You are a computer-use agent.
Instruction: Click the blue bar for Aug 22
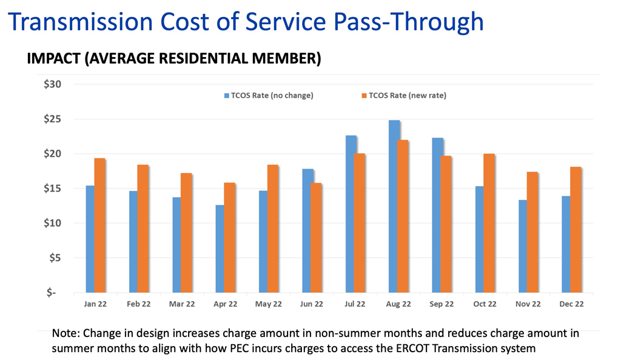(394, 206)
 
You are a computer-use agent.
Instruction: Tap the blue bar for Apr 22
(220, 248)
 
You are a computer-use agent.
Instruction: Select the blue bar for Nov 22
(523, 246)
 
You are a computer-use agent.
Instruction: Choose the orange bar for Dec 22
(576, 230)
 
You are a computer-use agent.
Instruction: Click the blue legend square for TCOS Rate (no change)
(227, 95)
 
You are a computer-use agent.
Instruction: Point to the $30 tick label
(53, 84)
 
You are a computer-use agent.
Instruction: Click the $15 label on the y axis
(53, 188)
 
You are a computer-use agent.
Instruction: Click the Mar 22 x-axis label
(182, 304)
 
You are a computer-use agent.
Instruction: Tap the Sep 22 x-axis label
(441, 304)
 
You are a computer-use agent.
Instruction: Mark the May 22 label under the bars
(269, 304)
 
